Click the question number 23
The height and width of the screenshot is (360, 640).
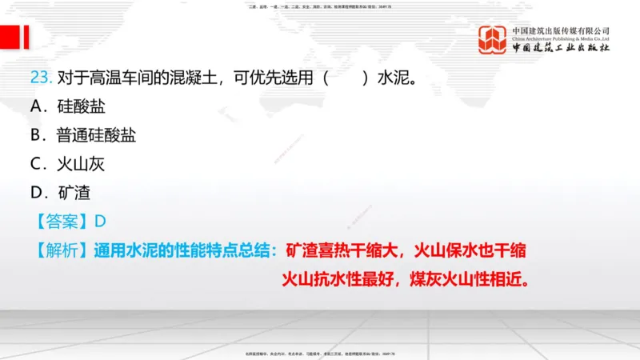point(40,78)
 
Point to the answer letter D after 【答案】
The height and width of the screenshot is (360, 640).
point(100,222)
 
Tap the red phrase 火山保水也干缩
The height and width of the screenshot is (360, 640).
point(470,250)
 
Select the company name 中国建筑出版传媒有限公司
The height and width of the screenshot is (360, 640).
point(561,30)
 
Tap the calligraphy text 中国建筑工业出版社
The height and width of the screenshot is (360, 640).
point(561,49)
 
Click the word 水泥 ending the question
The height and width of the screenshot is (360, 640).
point(394,78)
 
